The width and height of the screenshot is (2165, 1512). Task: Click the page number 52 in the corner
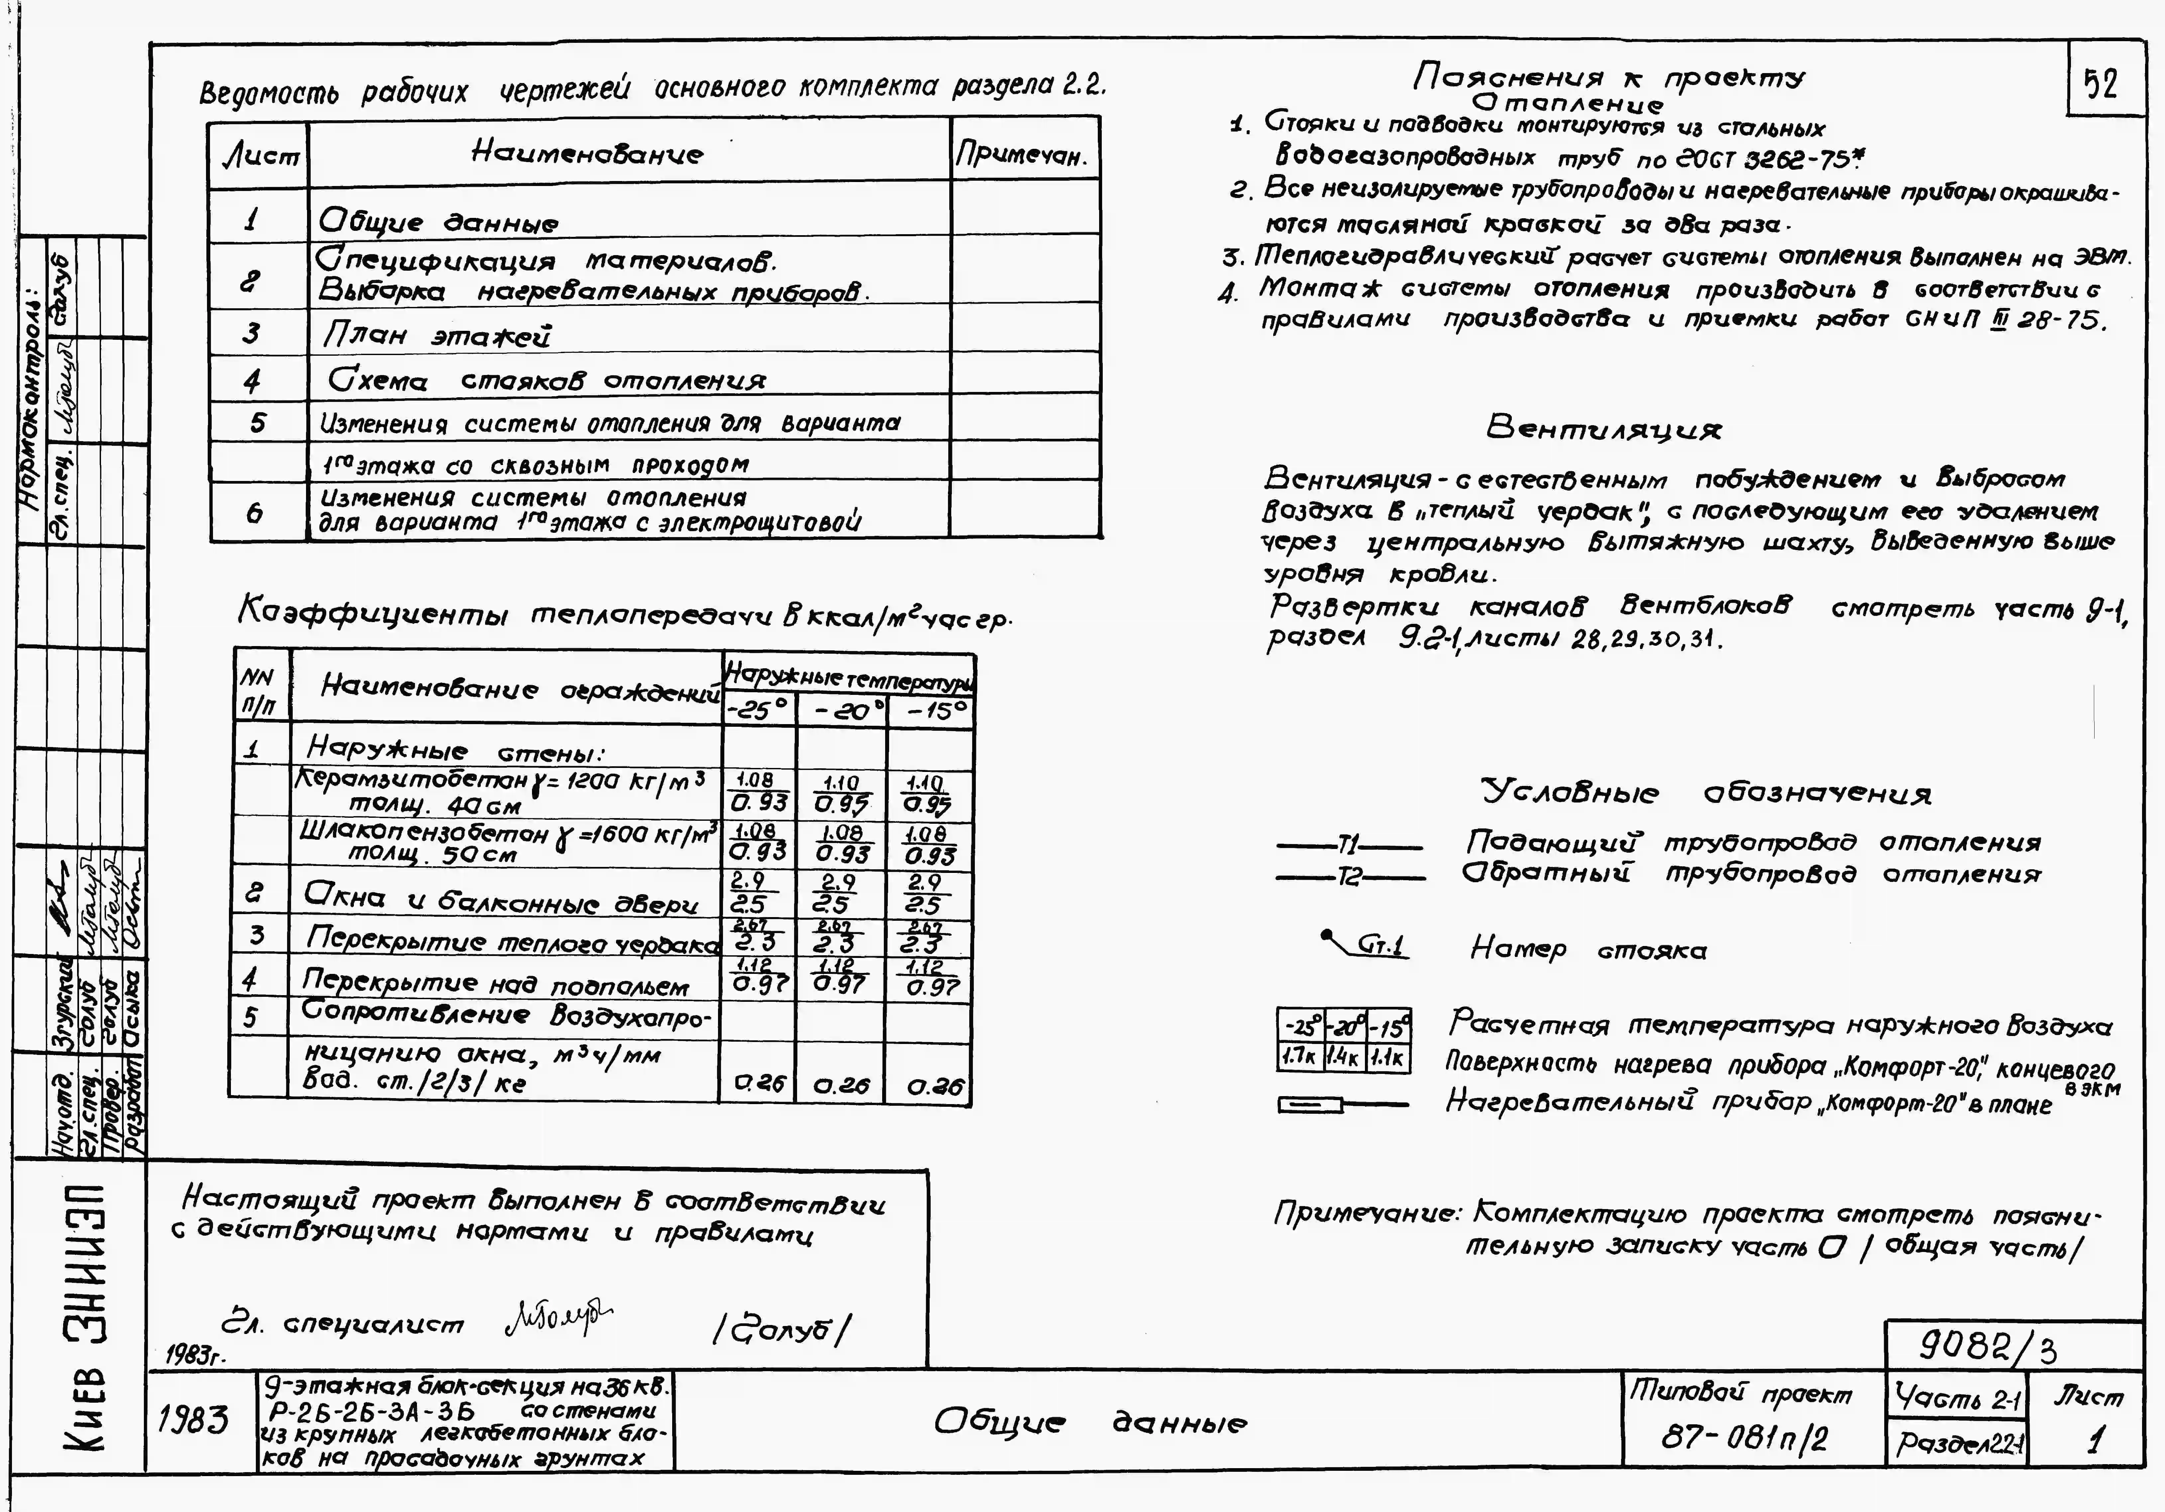(2100, 85)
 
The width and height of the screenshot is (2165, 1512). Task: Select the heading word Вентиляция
(1603, 429)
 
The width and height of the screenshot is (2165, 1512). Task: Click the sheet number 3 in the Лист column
(251, 333)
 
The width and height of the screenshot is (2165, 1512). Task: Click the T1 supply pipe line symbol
(1348, 845)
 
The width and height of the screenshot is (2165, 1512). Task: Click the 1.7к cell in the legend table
(1298, 1057)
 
